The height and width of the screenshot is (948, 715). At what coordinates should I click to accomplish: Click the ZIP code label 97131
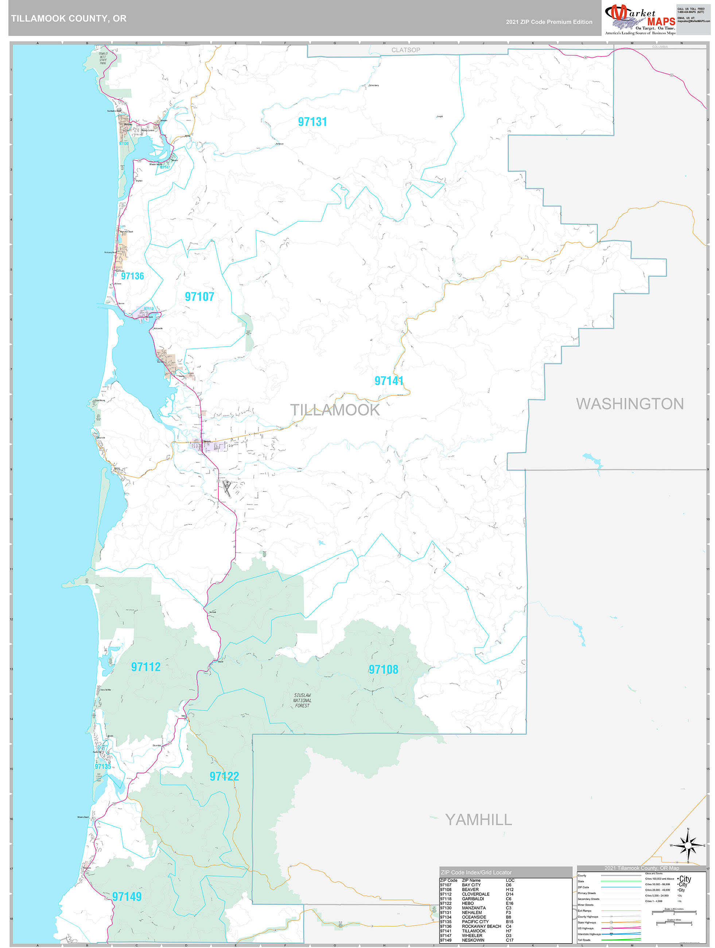312,122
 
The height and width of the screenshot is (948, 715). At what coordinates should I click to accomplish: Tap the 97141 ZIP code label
389,381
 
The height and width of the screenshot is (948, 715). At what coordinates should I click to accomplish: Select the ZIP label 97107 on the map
199,296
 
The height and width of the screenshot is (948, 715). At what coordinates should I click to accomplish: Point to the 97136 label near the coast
132,276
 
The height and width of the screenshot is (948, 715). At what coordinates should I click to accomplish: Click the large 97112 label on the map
146,667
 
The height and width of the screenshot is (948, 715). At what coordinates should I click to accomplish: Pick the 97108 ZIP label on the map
383,669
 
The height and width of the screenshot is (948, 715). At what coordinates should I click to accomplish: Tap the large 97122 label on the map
224,776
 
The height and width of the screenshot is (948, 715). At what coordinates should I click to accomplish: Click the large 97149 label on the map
127,897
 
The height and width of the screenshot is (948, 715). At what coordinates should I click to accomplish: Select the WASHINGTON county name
629,404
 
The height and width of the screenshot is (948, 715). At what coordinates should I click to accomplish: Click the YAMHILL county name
478,820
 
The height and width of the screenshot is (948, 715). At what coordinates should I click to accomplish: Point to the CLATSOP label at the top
405,50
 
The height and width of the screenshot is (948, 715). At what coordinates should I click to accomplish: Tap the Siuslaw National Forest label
302,700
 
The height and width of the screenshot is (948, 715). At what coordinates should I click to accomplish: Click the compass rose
688,846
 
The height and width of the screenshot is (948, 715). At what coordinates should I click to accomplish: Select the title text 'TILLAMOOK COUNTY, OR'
69,19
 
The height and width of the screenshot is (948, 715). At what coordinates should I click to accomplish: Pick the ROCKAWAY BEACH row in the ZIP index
481,926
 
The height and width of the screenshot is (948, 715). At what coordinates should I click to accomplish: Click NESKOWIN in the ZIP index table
473,940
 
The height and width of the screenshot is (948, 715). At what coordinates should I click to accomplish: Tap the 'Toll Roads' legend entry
584,940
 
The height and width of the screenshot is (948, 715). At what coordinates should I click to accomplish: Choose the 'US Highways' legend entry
586,928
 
